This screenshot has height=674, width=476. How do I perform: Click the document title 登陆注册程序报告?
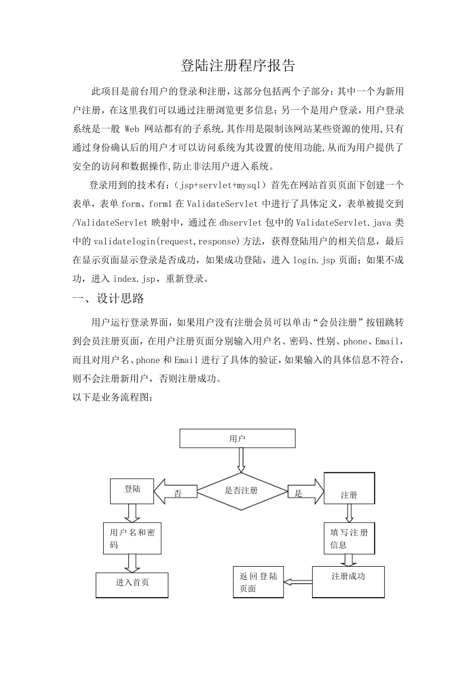(x=238, y=66)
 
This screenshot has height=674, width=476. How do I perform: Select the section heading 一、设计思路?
(x=109, y=299)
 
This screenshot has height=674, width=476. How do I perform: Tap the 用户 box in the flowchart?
(x=237, y=439)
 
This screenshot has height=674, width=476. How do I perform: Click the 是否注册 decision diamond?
(x=241, y=491)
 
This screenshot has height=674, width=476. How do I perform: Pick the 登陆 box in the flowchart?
(x=132, y=491)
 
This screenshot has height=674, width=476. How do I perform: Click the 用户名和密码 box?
(x=132, y=539)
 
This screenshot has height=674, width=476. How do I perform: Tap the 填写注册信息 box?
(x=349, y=539)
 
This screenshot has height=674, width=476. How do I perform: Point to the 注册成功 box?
(x=348, y=582)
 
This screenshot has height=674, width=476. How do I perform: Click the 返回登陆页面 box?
(x=259, y=582)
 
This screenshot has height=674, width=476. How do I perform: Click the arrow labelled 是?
(x=306, y=491)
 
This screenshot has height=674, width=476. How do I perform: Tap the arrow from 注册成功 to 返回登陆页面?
(x=298, y=582)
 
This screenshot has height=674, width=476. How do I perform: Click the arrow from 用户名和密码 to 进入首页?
(x=132, y=563)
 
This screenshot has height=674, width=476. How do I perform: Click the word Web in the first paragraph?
(x=131, y=129)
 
